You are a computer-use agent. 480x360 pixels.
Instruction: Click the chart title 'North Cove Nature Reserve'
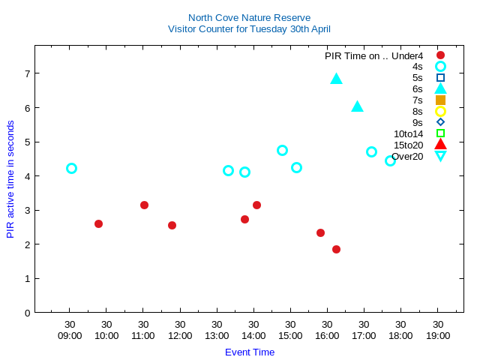click(x=249, y=17)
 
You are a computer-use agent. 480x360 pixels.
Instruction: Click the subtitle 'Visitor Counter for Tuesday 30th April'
click(x=249, y=29)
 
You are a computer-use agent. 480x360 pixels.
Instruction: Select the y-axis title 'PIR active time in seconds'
click(x=10, y=179)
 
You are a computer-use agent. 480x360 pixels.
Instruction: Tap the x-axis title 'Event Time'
click(x=250, y=352)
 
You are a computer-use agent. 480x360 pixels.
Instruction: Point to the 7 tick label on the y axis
click(x=27, y=73)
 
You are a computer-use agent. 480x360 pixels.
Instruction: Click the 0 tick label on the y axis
click(x=27, y=313)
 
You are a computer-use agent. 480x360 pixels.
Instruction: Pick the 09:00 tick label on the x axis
click(x=70, y=335)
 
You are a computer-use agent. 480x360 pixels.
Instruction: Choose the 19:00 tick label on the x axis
click(x=438, y=335)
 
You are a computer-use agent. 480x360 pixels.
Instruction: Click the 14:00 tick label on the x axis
click(x=253, y=335)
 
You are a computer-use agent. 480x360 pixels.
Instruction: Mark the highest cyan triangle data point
click(x=336, y=79)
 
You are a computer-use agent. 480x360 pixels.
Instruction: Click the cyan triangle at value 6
click(x=357, y=106)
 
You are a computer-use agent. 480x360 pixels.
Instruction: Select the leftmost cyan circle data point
click(x=71, y=168)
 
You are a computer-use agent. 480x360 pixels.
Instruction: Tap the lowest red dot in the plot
click(x=336, y=249)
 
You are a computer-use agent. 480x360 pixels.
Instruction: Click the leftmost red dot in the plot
click(x=98, y=223)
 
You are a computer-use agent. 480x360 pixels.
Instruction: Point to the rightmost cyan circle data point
click(x=390, y=160)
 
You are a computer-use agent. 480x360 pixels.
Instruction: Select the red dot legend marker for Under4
click(x=440, y=55)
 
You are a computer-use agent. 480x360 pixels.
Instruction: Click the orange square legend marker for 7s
click(x=440, y=100)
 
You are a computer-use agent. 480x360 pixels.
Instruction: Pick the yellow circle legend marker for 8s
click(x=440, y=111)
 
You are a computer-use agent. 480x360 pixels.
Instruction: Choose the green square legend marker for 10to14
click(x=440, y=133)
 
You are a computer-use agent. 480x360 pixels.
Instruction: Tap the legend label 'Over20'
click(x=407, y=156)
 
